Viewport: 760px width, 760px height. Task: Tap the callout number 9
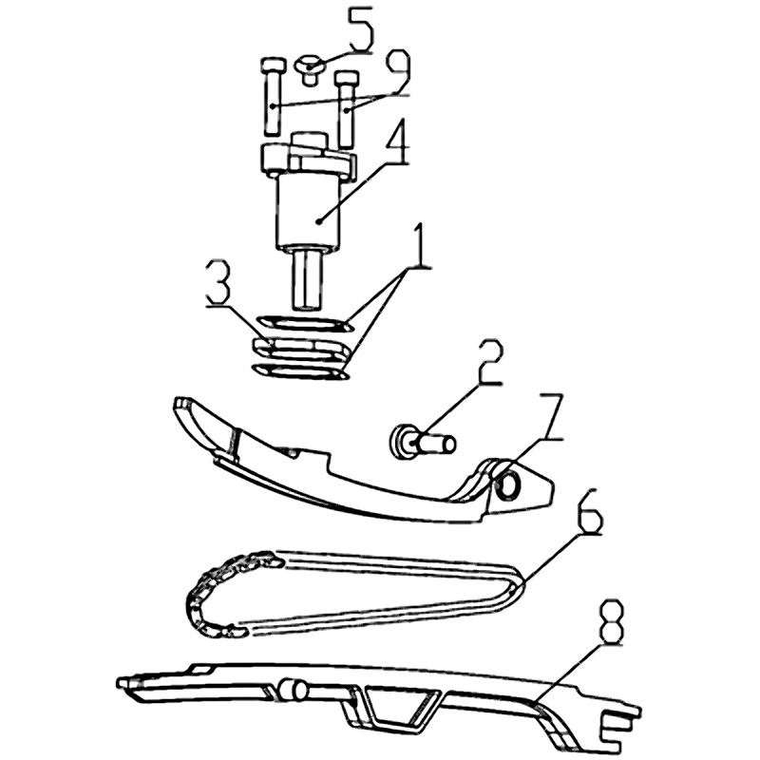point(395,73)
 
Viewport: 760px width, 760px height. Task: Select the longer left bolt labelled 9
point(272,97)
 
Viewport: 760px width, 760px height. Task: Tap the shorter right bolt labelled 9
point(346,108)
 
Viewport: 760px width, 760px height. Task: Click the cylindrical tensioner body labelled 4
point(308,211)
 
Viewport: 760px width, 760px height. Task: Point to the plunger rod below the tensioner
point(307,278)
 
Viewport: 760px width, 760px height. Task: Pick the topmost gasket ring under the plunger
point(305,323)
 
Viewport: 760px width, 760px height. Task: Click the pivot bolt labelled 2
point(423,441)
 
